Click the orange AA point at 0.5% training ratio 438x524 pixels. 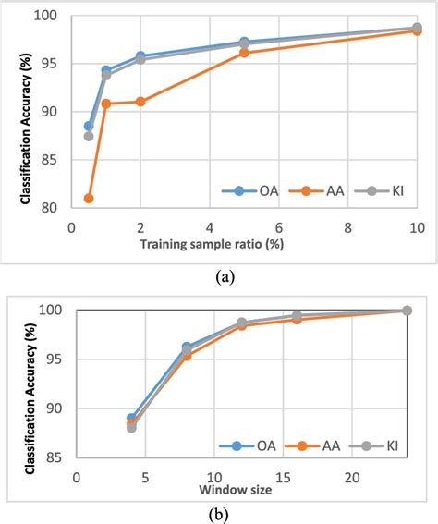click(x=89, y=198)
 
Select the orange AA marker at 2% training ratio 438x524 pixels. click(x=140, y=102)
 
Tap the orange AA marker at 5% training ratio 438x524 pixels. click(x=244, y=53)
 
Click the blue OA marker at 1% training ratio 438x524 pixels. click(x=106, y=70)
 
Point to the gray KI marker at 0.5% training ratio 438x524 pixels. click(x=89, y=136)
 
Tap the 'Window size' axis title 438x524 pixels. click(x=236, y=489)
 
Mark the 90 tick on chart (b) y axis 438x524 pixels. click(x=57, y=408)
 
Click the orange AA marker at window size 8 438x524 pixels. click(x=187, y=355)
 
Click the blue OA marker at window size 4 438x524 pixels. click(x=131, y=419)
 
